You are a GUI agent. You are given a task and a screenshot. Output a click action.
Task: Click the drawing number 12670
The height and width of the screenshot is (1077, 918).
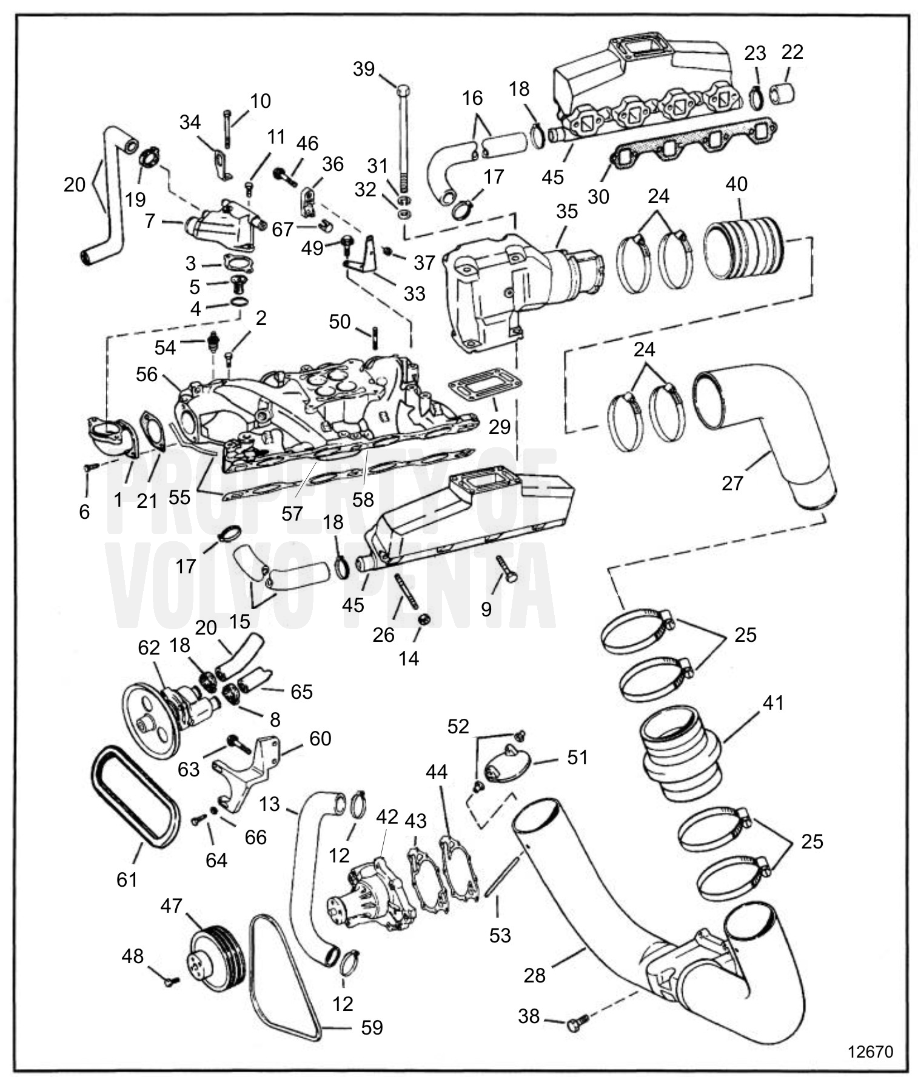point(870,1051)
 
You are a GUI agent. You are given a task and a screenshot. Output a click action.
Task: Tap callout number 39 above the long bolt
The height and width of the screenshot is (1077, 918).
point(364,69)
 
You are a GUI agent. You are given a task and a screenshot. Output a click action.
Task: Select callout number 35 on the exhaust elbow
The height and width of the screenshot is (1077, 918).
point(567,211)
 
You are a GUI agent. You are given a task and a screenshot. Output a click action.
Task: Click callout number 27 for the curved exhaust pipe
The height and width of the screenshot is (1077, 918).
point(732,482)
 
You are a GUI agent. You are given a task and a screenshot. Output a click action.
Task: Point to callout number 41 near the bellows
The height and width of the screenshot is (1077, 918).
point(772,702)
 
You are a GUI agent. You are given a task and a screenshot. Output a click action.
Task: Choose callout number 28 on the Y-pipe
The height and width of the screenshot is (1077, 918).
point(535,975)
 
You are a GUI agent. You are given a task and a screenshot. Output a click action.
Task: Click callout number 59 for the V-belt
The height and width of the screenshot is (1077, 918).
point(372,1027)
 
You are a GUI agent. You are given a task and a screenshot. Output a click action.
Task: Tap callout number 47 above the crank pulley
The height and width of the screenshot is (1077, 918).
point(171,905)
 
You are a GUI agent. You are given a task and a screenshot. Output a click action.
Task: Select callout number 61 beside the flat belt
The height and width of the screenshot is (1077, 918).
point(127,879)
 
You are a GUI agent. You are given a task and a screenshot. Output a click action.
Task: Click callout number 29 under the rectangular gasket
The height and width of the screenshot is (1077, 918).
point(500,427)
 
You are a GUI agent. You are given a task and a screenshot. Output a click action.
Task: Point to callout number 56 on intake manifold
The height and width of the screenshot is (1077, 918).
point(147,374)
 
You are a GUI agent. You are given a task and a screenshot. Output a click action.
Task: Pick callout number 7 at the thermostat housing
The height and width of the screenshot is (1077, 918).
point(150,221)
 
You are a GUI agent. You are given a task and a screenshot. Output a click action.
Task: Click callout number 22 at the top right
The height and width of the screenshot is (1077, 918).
point(792,52)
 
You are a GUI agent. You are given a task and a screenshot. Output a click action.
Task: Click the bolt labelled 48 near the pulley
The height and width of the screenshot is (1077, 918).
point(170,981)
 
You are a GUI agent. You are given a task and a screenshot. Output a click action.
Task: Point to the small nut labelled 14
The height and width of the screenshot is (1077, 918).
point(424,619)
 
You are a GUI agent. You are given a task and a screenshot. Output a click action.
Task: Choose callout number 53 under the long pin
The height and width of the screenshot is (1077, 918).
point(500,935)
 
